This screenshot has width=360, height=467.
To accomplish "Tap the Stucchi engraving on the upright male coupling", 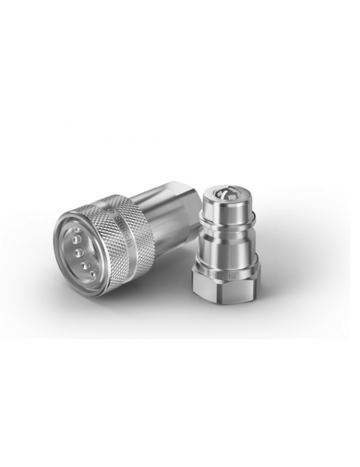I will [223, 272].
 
